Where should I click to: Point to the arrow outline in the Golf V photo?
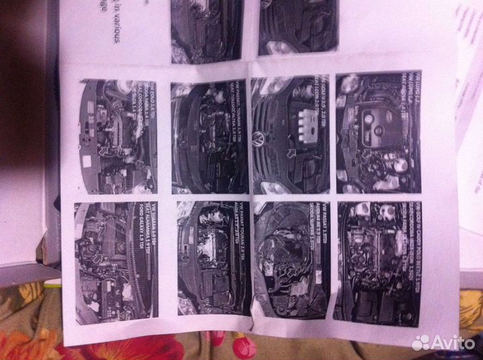(x=288, y=155)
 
